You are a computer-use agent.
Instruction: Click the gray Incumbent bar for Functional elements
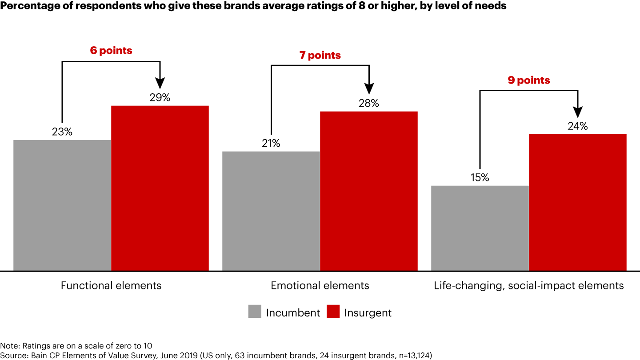tap(62, 205)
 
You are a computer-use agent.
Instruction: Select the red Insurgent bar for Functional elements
tap(160, 188)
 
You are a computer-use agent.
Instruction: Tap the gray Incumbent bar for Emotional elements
tap(271, 211)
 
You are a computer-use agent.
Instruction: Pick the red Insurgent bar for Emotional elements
tap(369, 191)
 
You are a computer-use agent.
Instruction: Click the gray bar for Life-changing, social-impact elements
tap(480, 228)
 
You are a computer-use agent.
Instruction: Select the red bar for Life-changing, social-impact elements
tap(578, 202)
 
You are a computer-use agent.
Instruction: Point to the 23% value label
tap(62, 132)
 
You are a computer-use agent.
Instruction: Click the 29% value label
tap(160, 98)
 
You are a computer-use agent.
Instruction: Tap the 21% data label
tap(271, 144)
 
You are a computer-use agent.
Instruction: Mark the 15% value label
tap(480, 178)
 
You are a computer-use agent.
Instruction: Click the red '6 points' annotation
tap(111, 51)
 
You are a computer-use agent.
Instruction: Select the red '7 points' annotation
tap(320, 56)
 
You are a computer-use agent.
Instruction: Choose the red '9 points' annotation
tap(529, 80)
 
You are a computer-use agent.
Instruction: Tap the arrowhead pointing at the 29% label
tap(160, 84)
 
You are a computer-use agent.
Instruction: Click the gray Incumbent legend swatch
tap(255, 312)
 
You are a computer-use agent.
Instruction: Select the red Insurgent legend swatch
tap(333, 312)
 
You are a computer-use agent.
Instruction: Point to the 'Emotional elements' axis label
tap(320, 285)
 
